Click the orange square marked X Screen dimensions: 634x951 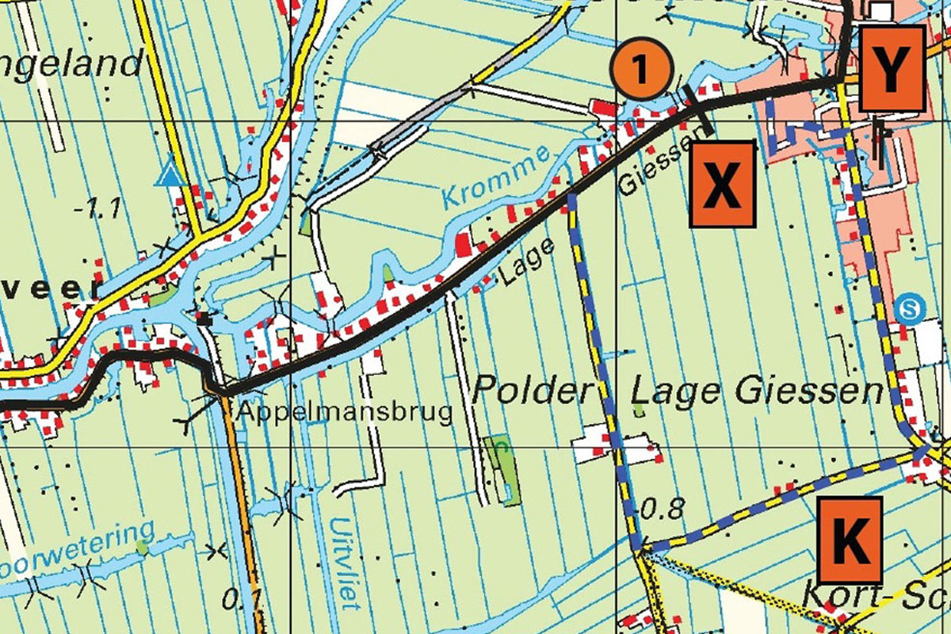click(x=722, y=185)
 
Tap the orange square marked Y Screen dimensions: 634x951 click(x=893, y=69)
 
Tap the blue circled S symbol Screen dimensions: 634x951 click(x=911, y=307)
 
